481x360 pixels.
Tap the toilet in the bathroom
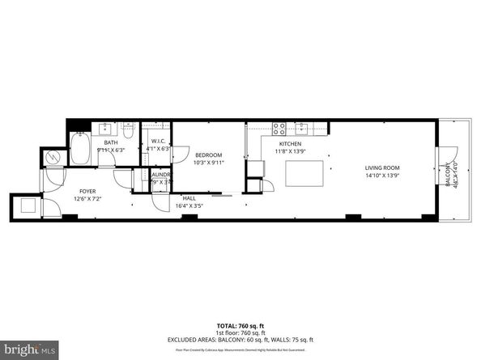tap(127, 129)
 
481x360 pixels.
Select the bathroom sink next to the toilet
tap(106, 129)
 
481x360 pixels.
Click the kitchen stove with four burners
tap(279, 127)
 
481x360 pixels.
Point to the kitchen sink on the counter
tap(301, 127)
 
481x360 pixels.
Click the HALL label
tap(189, 198)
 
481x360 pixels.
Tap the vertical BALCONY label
tap(446, 174)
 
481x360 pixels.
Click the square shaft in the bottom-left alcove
tap(27, 204)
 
